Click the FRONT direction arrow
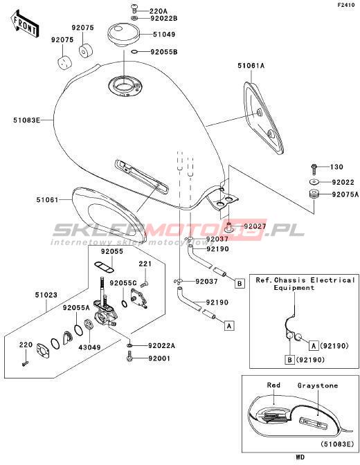[x=25, y=24]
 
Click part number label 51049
[x=164, y=35]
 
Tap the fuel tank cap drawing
[x=123, y=35]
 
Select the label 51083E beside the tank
[x=26, y=120]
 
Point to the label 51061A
[x=251, y=66]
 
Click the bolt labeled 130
[x=314, y=168]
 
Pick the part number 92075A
[x=345, y=194]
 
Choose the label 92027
[x=255, y=226]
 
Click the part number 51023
[x=46, y=295]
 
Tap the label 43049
[x=89, y=347]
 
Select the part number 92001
[x=159, y=358]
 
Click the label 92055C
[x=123, y=283]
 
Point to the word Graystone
[x=318, y=385]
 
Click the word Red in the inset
[x=273, y=385]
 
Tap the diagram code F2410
[x=345, y=5]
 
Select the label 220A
[x=158, y=11]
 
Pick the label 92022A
[x=162, y=346]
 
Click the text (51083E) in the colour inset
[x=337, y=444]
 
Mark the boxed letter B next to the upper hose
[x=240, y=284]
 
